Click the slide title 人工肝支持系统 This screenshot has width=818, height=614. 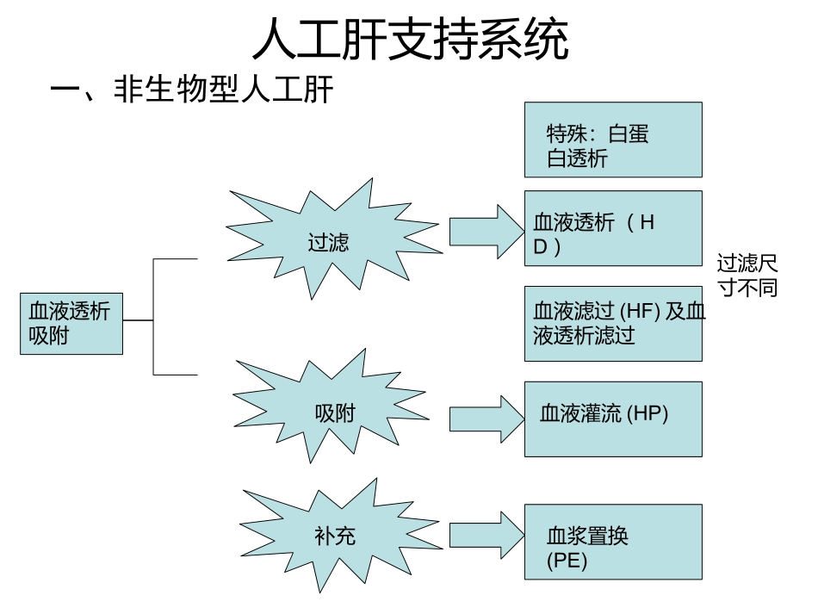(x=409, y=40)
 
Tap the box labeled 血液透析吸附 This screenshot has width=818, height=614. (x=71, y=323)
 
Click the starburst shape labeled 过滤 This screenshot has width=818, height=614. (x=328, y=240)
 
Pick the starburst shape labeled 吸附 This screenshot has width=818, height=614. (x=334, y=412)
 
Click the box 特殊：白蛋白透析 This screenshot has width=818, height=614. (x=613, y=140)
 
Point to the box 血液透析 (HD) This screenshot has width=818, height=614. (x=613, y=228)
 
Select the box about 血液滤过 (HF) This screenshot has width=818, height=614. (x=613, y=324)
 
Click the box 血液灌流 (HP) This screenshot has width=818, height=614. (x=613, y=419)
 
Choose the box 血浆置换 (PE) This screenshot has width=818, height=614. (x=613, y=542)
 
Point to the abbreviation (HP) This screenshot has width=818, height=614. (x=647, y=413)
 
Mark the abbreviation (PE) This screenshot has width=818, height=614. (x=567, y=561)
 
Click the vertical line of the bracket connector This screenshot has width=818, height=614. (x=153, y=317)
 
